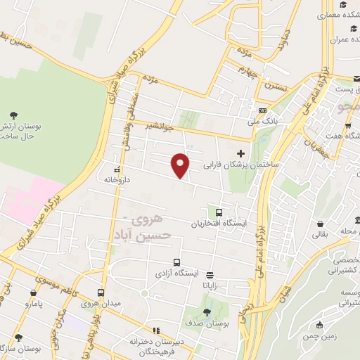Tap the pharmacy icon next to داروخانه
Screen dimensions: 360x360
tap(117, 169)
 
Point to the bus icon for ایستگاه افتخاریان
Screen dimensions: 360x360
tap(219, 212)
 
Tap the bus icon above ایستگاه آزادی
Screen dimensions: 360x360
tap(176, 262)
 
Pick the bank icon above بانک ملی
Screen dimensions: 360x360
tap(262, 110)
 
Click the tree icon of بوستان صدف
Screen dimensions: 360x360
tap(207, 313)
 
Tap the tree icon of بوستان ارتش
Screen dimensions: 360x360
tap(14, 114)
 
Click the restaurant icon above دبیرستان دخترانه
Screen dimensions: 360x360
tap(156, 330)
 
